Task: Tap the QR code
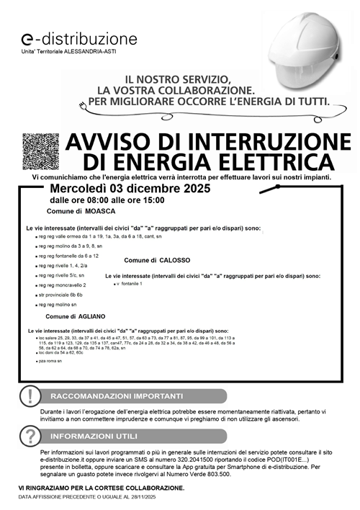click(x=40, y=151)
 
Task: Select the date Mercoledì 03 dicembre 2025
click(x=130, y=189)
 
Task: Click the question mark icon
click(x=29, y=436)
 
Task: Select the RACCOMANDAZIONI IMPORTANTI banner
click(x=117, y=396)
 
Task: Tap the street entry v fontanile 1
click(x=130, y=284)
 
